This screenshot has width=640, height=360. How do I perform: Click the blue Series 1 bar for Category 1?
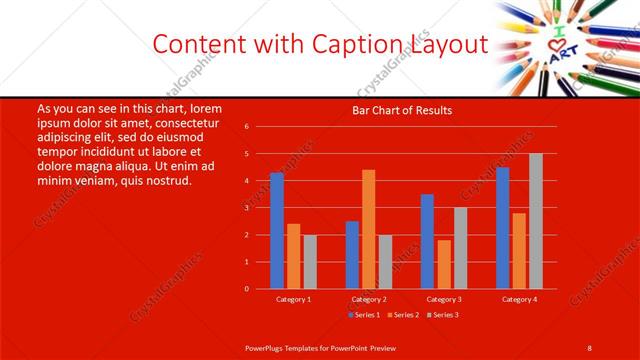[277, 231]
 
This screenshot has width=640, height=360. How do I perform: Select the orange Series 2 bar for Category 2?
[369, 229]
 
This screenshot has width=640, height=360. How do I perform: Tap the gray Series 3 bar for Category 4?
[536, 221]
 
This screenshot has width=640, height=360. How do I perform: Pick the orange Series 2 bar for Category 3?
[444, 264]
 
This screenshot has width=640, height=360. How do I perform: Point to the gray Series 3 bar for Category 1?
[310, 262]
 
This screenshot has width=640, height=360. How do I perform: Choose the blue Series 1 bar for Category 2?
[352, 255]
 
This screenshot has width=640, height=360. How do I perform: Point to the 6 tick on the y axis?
[246, 127]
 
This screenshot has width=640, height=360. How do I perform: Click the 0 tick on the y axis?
[246, 289]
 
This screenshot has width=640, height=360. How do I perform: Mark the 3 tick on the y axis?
[246, 208]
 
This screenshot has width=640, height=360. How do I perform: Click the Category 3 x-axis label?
[444, 299]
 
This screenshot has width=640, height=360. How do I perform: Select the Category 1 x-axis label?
[293, 299]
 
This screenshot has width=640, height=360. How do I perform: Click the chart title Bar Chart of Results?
[402, 110]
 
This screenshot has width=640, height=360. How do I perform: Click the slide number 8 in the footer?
[589, 347]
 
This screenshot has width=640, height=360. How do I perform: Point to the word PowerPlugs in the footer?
[267, 347]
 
